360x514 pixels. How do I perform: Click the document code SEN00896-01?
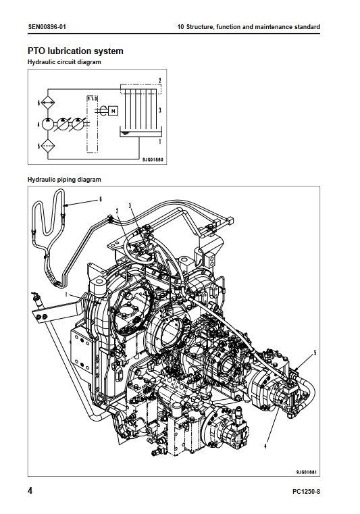(47, 26)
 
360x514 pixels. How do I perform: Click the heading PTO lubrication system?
(76, 51)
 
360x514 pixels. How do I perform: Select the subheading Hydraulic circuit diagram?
(64, 62)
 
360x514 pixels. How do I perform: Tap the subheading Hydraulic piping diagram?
(64, 179)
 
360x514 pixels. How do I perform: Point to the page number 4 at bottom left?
(30, 491)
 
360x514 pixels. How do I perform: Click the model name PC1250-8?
(306, 492)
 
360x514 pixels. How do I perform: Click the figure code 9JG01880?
(153, 160)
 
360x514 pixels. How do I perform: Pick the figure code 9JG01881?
(306, 472)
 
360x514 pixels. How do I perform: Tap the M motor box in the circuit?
(113, 111)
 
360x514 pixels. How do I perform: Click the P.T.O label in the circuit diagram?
(92, 99)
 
